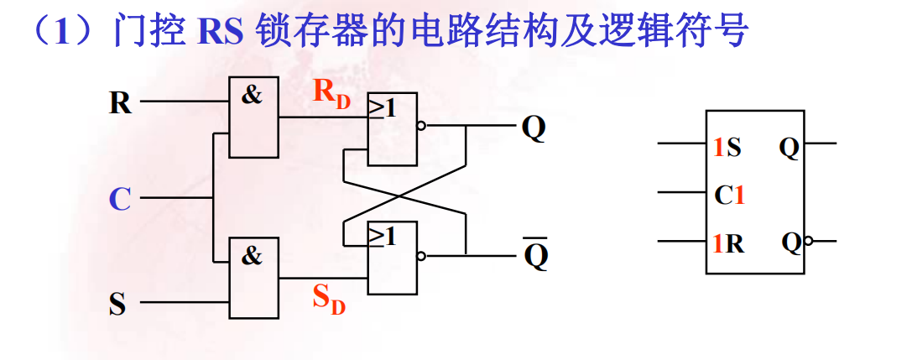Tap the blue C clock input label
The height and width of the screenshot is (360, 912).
tap(120, 200)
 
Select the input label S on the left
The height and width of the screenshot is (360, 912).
tap(117, 303)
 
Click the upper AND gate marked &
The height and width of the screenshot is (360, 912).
tap(254, 117)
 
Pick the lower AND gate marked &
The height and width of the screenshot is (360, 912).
tap(254, 278)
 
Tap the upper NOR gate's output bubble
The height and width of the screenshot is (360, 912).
tap(421, 128)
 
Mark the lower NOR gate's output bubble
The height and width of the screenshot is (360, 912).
tap(421, 256)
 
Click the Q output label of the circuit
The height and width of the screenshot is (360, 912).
tap(534, 128)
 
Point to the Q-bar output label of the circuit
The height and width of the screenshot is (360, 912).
tap(535, 256)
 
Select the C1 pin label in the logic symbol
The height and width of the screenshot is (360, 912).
tap(729, 196)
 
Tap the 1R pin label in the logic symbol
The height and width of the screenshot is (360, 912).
tap(727, 243)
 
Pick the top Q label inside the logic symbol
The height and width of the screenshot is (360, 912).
tap(789, 149)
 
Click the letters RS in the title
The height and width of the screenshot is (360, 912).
tap(220, 31)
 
